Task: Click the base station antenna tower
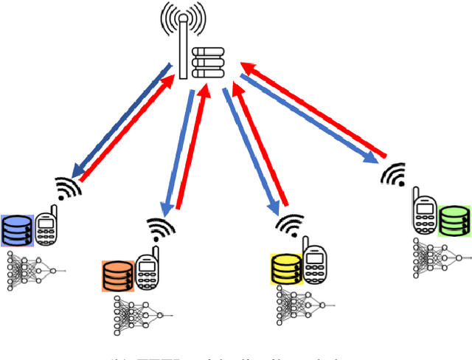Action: pos(181,41)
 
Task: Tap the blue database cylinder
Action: pos(17,230)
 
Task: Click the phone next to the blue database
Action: pos(46,230)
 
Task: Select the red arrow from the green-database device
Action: pos(317,111)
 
